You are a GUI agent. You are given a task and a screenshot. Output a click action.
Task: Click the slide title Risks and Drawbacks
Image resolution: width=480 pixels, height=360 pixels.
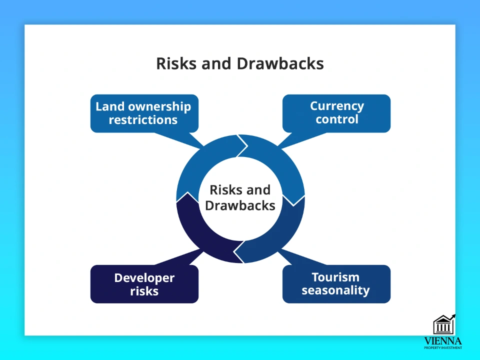click(x=240, y=64)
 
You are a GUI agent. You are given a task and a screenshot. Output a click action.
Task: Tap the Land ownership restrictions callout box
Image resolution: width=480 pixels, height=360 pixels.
click(x=144, y=113)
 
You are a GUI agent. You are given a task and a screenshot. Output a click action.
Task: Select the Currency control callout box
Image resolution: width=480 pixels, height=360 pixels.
click(x=336, y=113)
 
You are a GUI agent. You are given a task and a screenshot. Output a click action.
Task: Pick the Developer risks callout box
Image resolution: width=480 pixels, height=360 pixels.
click(x=144, y=284)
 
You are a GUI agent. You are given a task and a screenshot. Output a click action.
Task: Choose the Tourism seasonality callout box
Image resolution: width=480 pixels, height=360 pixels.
click(x=336, y=284)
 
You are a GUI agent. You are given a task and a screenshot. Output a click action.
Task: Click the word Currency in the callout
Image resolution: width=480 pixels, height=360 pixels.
click(x=336, y=106)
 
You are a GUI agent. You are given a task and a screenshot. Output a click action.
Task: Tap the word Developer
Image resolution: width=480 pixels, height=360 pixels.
click(x=144, y=277)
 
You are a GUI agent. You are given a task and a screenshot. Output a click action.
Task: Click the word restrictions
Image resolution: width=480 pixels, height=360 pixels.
click(x=143, y=120)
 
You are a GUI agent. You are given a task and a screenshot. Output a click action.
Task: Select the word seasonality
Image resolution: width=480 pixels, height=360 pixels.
click(x=335, y=290)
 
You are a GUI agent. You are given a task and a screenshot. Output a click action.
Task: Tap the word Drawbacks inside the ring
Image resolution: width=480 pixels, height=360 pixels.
click(x=240, y=205)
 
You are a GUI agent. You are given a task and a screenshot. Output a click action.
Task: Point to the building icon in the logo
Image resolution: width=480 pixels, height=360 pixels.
click(x=443, y=325)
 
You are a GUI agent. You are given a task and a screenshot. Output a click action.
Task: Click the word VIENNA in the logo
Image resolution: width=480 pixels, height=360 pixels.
click(x=442, y=341)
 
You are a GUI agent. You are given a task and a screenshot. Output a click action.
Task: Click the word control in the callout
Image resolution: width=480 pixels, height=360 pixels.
click(x=336, y=119)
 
